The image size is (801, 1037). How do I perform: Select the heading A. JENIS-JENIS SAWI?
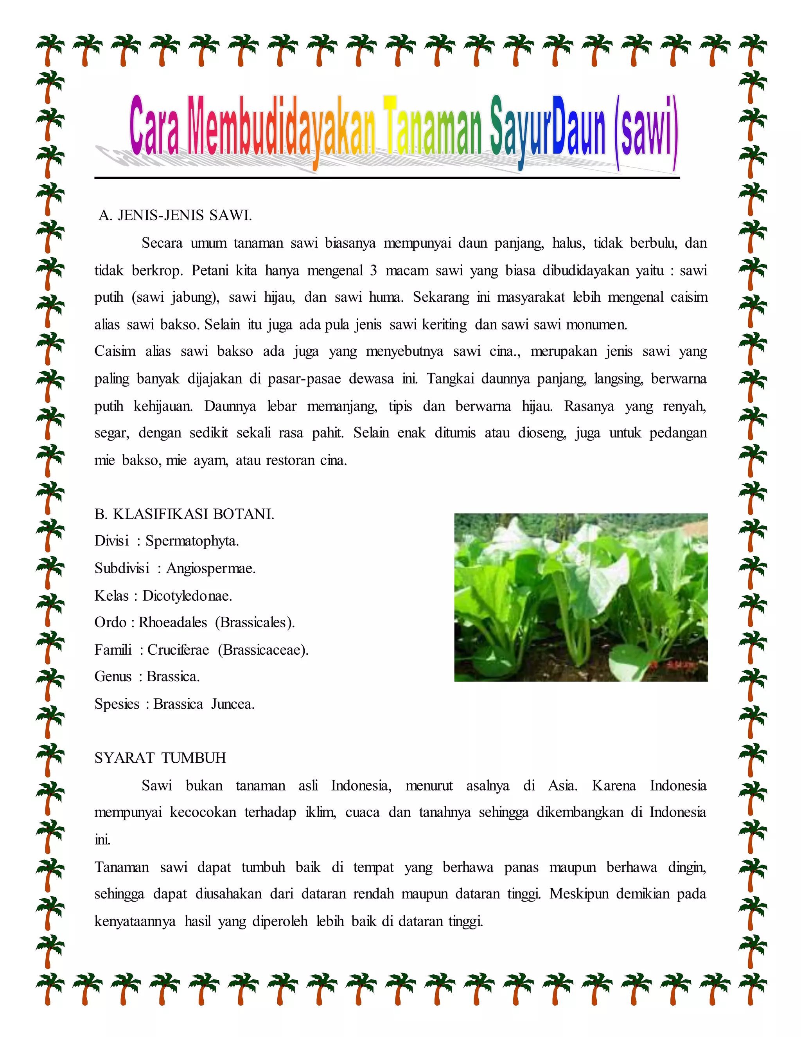point(175,216)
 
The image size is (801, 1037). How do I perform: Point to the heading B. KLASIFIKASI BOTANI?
point(184,514)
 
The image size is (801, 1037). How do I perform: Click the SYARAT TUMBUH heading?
point(160,758)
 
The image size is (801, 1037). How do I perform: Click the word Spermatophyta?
point(192,541)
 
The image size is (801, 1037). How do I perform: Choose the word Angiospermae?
point(211,568)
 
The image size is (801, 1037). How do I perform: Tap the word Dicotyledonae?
point(187,596)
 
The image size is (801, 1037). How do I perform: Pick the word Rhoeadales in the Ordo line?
point(173,623)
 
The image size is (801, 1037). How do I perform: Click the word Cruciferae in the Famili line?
point(178,650)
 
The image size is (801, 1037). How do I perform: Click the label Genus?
point(113,677)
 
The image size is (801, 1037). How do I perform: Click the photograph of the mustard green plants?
point(581,597)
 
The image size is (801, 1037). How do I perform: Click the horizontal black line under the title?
point(387,178)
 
